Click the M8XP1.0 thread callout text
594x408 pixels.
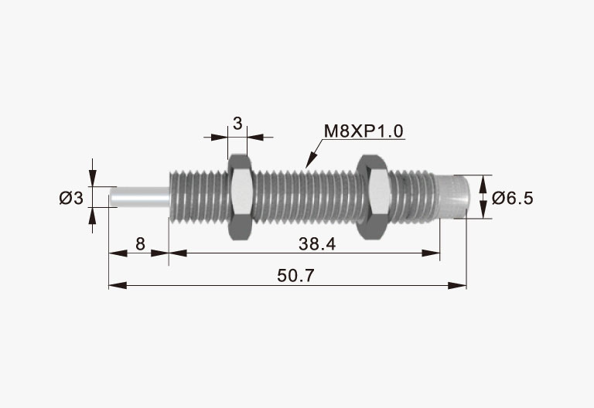click(x=364, y=131)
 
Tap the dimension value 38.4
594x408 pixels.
click(x=317, y=244)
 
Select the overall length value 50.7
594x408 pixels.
click(x=295, y=276)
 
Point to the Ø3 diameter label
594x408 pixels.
click(x=71, y=198)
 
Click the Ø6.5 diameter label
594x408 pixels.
click(x=512, y=198)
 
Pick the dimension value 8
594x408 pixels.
click(x=140, y=244)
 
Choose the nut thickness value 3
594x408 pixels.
click(x=237, y=124)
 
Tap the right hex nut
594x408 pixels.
click(x=372, y=197)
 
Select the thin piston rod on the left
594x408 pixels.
click(x=139, y=196)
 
